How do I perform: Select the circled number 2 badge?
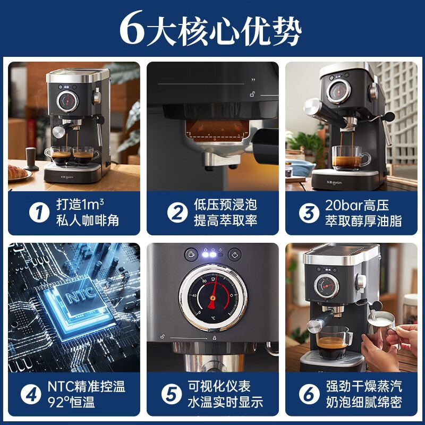pyautogui.click(x=177, y=213)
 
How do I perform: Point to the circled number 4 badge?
pyautogui.click(x=30, y=394)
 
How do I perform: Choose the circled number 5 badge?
pyautogui.click(x=172, y=394)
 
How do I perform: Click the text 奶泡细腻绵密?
pyautogui.click(x=363, y=402)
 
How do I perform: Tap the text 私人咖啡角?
pyautogui.click(x=88, y=221)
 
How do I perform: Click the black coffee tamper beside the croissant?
pyautogui.click(x=32, y=158)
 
